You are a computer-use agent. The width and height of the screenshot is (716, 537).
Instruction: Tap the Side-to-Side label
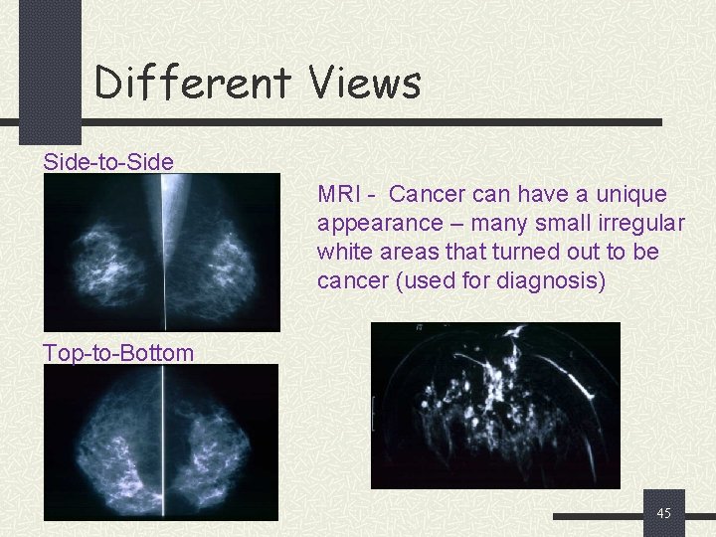tap(107, 162)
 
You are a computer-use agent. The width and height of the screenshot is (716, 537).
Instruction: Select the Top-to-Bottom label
tap(118, 352)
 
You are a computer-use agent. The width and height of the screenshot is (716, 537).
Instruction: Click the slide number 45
tap(664, 513)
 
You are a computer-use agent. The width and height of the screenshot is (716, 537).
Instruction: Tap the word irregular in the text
tap(635, 223)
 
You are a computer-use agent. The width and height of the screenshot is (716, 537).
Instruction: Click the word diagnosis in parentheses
tap(548, 280)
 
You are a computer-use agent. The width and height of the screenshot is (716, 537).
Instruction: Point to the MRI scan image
tap(495, 405)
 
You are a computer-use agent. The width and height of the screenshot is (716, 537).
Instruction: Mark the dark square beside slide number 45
tap(663, 513)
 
